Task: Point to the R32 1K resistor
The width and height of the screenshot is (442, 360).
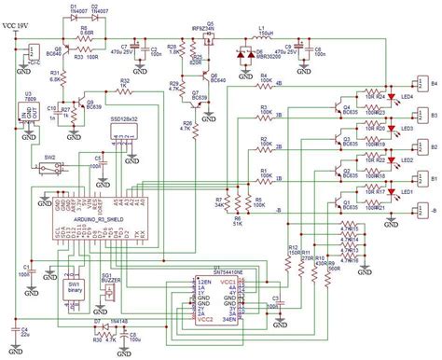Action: [125, 89]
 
